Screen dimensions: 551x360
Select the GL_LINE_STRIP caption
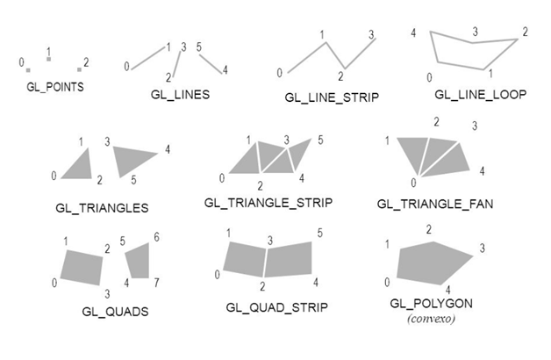pyautogui.click(x=332, y=97)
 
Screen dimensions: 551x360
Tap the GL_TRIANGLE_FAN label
pyautogui.click(x=435, y=204)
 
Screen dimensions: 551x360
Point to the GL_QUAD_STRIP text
pyautogui.click(x=276, y=307)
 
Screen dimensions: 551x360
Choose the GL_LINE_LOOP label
pyautogui.click(x=481, y=94)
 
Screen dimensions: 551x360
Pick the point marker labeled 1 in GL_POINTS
pyautogui.click(x=49, y=59)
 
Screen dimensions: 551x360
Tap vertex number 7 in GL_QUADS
pyautogui.click(x=157, y=283)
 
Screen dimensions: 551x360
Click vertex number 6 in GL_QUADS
pyautogui.click(x=156, y=237)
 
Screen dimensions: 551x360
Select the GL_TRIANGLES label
pyautogui.click(x=101, y=208)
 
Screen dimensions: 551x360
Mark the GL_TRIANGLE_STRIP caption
pyautogui.click(x=268, y=203)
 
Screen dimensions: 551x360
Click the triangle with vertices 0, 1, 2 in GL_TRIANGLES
pyautogui.click(x=82, y=166)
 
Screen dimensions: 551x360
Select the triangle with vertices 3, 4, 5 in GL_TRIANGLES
pyautogui.click(x=133, y=158)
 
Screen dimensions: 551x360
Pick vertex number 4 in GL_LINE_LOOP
pyautogui.click(x=413, y=32)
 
